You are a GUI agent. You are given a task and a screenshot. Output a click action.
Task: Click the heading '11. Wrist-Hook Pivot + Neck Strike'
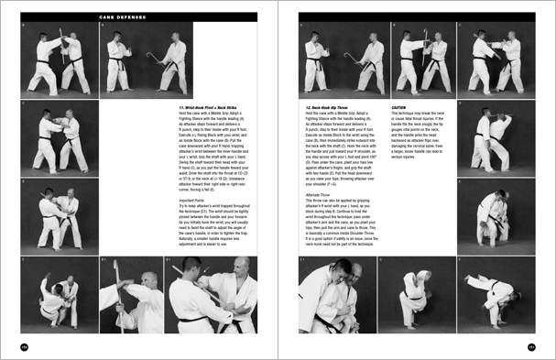click(x=208, y=107)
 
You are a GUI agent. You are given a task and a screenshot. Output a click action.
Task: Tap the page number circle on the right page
click(x=530, y=345)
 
